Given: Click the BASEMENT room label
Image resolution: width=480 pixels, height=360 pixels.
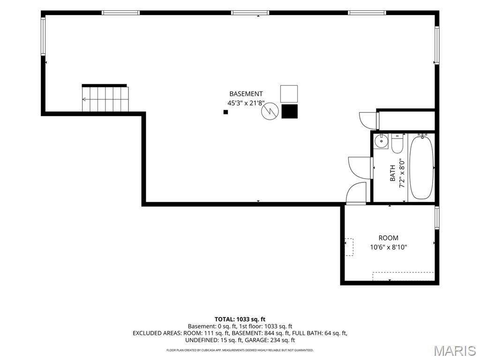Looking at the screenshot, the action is click(246, 94).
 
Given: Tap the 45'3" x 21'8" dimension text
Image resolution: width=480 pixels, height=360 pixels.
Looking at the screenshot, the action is click(246, 103).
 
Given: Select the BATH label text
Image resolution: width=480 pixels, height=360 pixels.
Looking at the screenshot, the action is click(392, 173).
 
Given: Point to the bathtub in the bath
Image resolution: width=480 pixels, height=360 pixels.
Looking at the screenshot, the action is click(421, 167).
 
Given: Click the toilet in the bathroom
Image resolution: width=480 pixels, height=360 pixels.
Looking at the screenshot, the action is click(397, 143).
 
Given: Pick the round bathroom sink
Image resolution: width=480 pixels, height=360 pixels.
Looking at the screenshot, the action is click(381, 141).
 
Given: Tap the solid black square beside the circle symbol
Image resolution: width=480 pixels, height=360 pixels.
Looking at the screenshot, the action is click(289, 111).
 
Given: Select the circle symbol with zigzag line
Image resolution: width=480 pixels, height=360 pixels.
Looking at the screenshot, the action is click(270, 111).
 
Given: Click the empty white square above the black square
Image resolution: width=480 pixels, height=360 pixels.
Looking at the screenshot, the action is click(289, 94).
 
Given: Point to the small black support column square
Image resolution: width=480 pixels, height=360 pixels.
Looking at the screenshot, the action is click(225, 112).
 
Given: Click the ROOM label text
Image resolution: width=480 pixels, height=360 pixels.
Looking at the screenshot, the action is click(389, 238).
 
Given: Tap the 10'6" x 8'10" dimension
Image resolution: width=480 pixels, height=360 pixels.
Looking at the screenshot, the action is click(389, 247).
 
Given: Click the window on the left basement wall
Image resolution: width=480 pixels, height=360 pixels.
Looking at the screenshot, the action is click(43, 37).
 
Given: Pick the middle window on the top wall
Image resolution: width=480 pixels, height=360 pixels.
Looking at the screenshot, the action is click(250, 13).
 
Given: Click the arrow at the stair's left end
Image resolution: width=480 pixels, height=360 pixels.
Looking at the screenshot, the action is click(84, 99).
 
